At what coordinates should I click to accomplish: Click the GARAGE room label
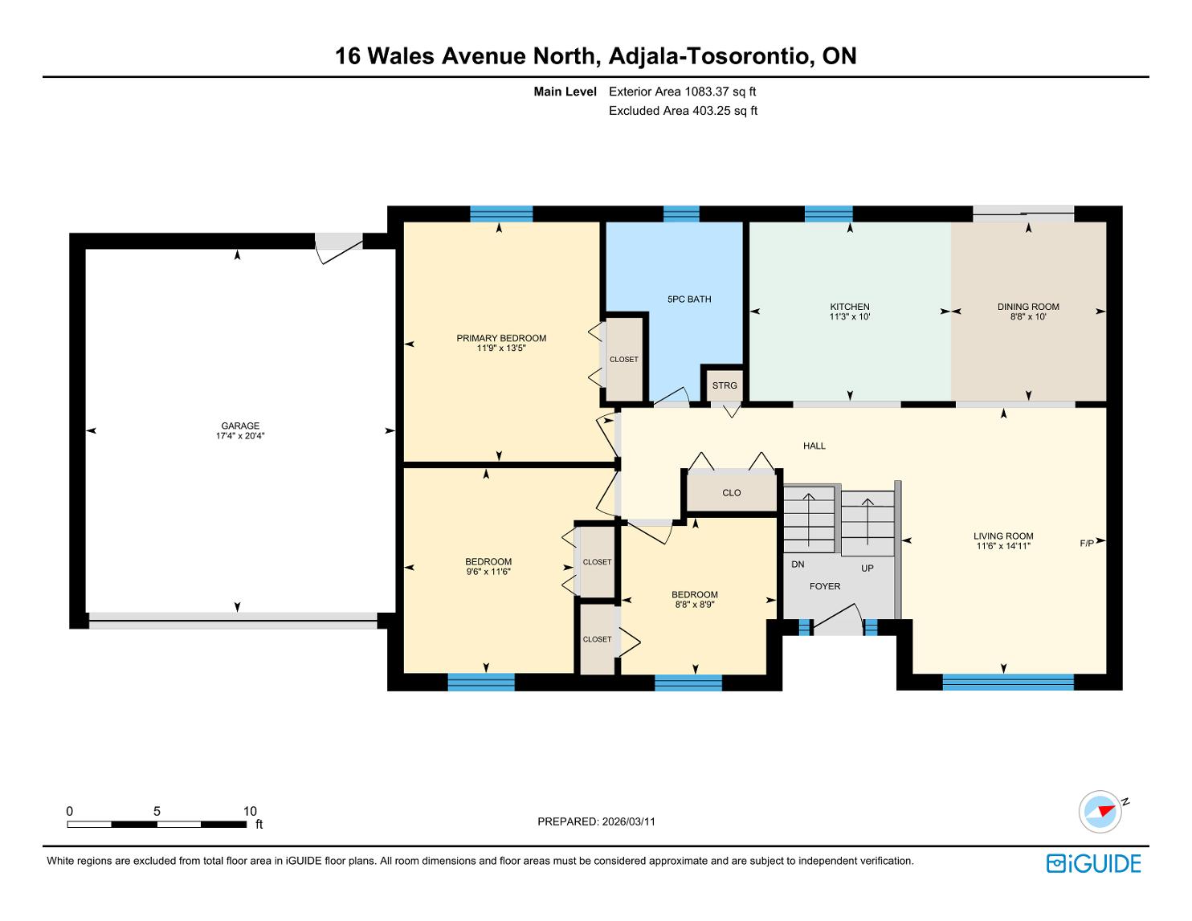[239, 426]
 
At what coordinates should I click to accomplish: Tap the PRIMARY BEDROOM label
[501, 338]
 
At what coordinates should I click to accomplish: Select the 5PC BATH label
[689, 300]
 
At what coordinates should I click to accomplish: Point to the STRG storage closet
[724, 385]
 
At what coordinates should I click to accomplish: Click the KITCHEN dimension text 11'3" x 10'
[850, 317]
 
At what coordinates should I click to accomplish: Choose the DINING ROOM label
[1028, 307]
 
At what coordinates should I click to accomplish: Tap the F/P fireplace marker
[1087, 544]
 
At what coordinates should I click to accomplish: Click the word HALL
[814, 446]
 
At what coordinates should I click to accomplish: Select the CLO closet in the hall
[732, 492]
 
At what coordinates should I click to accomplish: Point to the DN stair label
[798, 564]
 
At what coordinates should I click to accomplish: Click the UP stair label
[867, 568]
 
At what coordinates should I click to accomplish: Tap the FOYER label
[825, 586]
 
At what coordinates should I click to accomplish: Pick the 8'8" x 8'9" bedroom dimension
[695, 605]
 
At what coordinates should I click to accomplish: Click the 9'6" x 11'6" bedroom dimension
[488, 572]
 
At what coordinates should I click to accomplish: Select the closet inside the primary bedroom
[624, 359]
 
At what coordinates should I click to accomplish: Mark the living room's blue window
[1008, 682]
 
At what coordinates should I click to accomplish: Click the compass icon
[1100, 812]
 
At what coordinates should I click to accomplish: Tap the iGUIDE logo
[1094, 863]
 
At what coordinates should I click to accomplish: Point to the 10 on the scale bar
[250, 811]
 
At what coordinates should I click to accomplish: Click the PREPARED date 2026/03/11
[629, 821]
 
